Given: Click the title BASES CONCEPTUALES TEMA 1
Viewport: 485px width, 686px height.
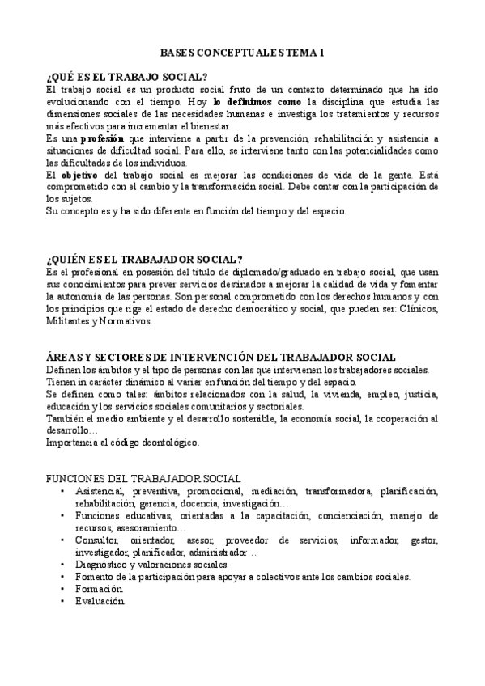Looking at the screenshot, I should [242, 51].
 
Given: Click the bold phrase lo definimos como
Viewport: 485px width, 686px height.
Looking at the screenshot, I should [258, 102].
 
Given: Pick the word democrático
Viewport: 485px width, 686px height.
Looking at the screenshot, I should [305, 309].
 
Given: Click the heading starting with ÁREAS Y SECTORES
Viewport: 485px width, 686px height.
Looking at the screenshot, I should [221, 357].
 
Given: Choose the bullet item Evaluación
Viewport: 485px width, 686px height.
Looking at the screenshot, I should [100, 601].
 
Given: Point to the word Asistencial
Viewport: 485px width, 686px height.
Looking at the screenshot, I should [98, 491].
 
